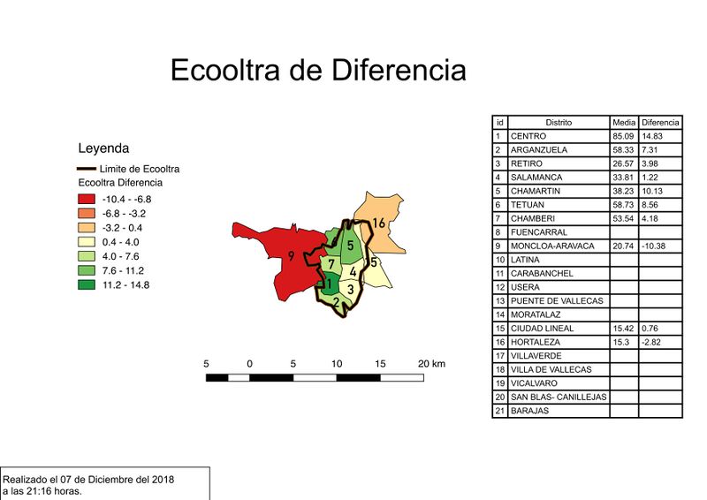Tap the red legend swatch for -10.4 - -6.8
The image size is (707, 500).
[x=86, y=200]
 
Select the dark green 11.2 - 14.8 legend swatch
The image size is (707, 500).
[x=86, y=284]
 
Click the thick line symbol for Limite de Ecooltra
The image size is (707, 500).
[x=86, y=169]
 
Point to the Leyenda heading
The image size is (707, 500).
[x=103, y=148]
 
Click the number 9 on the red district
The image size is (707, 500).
[x=290, y=257]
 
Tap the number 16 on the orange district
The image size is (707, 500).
[x=378, y=223]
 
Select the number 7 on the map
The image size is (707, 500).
[x=330, y=264]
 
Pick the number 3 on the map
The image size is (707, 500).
[x=351, y=289]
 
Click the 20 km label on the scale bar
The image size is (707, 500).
[x=431, y=364]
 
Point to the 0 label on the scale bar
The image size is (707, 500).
[x=250, y=364]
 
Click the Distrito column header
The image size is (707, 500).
[x=558, y=122]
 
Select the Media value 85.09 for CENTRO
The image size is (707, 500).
[x=623, y=136]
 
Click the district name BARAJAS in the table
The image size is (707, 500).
[x=529, y=411]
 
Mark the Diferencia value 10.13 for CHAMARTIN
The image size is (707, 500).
[x=655, y=191]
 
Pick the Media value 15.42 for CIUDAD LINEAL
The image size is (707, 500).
[x=623, y=328]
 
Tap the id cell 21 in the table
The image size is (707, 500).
[x=499, y=411]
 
